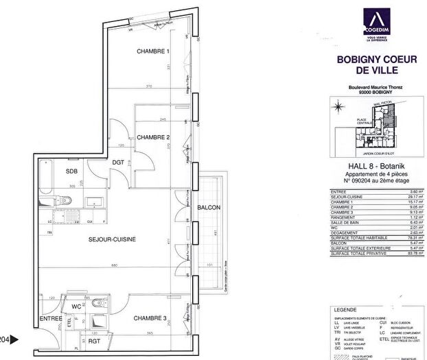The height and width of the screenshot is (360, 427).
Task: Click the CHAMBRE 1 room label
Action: (152, 52)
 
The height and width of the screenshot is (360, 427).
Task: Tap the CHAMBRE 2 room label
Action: (152, 137)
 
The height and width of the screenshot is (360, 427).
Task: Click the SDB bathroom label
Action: (71, 171)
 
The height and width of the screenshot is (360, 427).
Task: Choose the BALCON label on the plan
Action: (209, 207)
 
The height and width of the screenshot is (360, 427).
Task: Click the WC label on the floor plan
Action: (76, 306)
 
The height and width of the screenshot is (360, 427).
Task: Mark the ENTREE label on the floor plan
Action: (50, 319)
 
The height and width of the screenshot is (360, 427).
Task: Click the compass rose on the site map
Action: (338, 106)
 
